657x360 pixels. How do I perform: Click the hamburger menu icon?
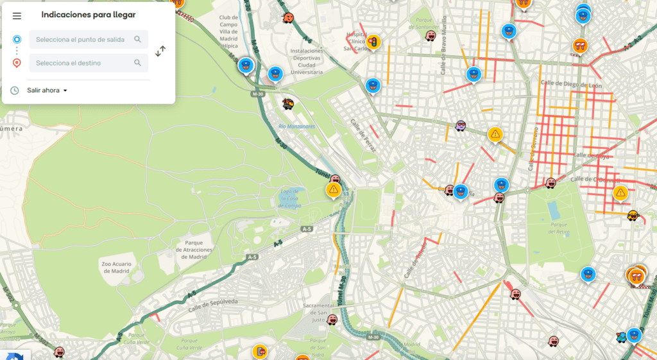pos(17,15)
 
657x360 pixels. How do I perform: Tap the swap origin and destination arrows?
pos(160,51)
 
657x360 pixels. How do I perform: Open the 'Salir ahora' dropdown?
pos(47,90)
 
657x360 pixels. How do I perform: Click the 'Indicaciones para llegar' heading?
pos(88,15)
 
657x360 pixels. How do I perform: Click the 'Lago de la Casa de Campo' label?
pos(290,198)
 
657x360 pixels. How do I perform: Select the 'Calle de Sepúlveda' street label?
pos(214,305)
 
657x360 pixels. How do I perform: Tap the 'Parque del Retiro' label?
pos(559,228)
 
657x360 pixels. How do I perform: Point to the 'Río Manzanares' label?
pos(297,126)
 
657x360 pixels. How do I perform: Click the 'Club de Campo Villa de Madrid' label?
pos(228,31)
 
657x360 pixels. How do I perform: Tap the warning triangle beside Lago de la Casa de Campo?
pos(333,190)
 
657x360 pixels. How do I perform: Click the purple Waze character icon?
pos(461,126)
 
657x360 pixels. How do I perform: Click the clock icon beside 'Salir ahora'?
pos(15,90)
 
